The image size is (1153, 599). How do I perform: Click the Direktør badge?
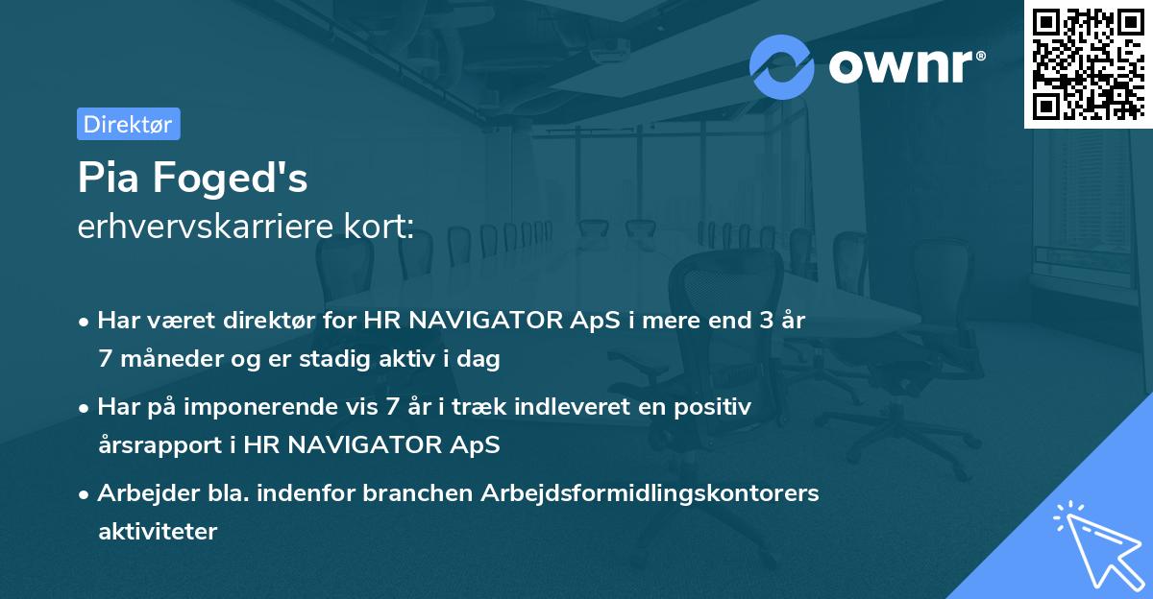[x=128, y=124]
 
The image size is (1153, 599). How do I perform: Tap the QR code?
[x=1087, y=65]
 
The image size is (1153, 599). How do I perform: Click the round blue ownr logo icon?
[x=781, y=66]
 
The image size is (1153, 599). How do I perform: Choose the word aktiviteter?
[x=158, y=531]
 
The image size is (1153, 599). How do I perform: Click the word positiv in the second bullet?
[x=717, y=407]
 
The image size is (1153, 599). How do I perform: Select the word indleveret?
[x=555, y=407]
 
